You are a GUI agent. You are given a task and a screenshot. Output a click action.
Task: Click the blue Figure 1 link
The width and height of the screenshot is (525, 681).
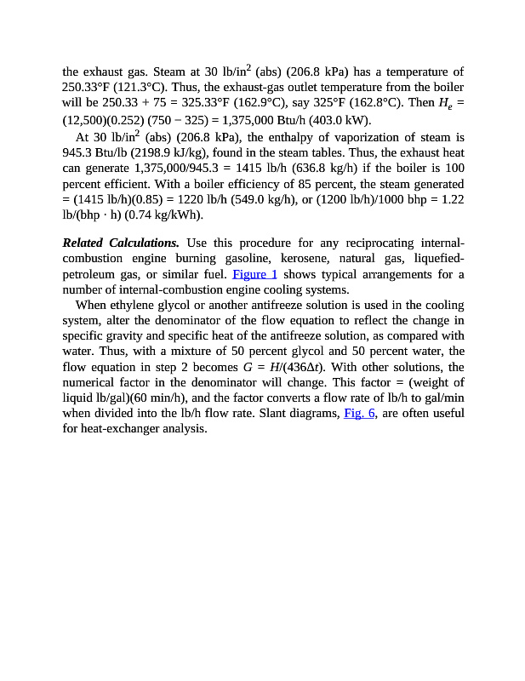click(254, 274)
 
